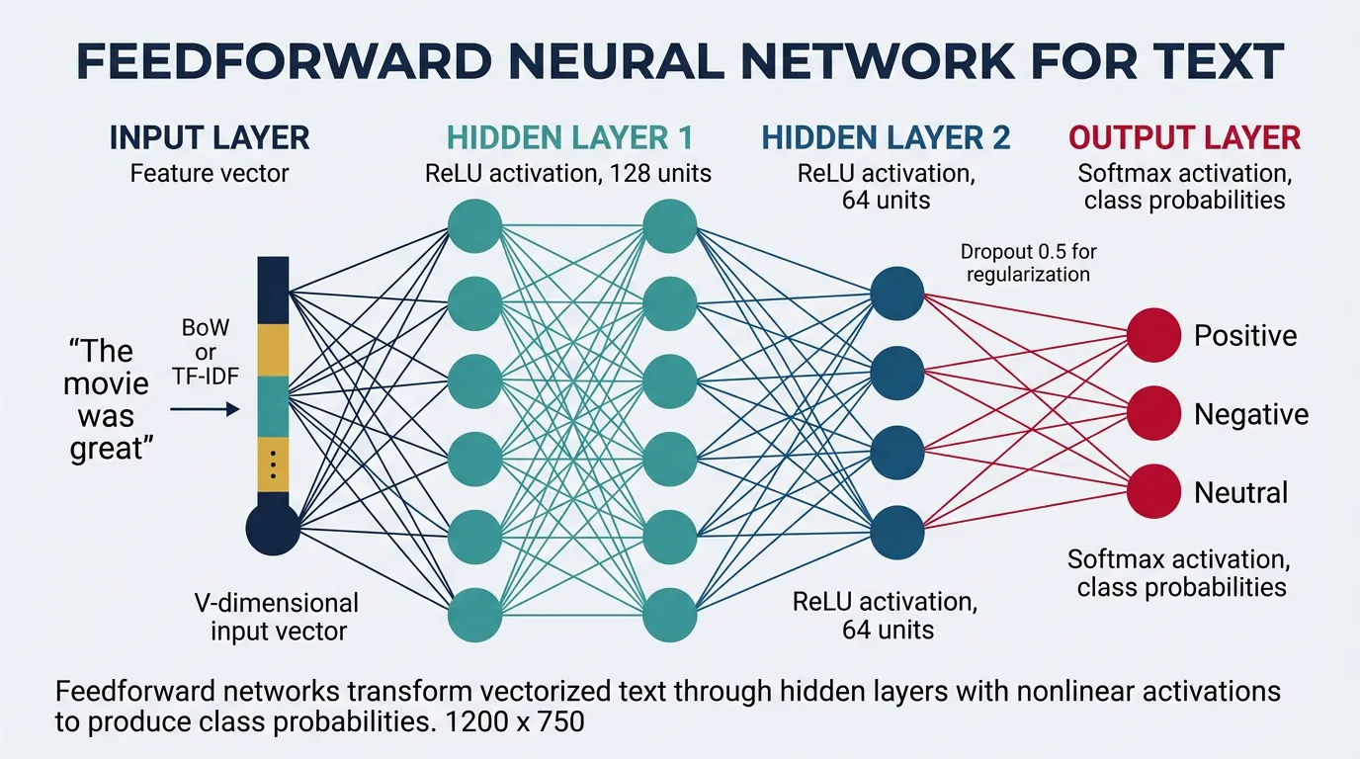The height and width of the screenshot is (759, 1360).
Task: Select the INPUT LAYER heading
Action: coord(210,137)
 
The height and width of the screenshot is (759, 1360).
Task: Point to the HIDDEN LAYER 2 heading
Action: coord(887,137)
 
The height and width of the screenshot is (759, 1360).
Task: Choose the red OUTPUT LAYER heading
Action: coord(1185,137)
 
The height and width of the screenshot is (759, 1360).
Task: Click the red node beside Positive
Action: coord(1153,335)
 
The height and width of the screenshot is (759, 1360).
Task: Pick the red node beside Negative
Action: coord(1153,413)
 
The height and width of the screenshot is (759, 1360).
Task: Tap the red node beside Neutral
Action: coord(1153,491)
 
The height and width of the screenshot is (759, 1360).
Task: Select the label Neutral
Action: coord(1240,492)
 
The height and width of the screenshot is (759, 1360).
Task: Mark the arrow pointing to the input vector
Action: coord(205,407)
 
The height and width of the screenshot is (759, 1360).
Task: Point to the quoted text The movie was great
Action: coord(109,399)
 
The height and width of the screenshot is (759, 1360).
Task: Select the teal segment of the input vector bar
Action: coord(273,405)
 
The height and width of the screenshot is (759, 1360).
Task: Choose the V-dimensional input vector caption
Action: coord(279,616)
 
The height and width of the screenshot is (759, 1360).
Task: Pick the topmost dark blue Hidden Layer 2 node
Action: coord(897,294)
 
